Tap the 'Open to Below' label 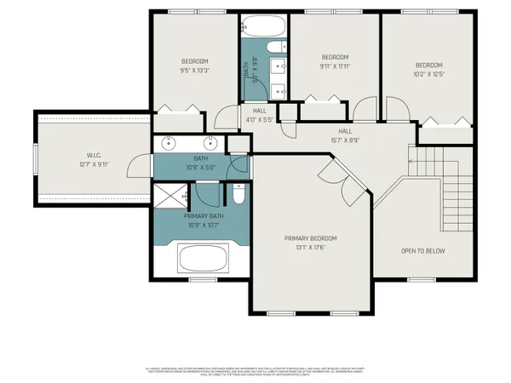coord(424,251)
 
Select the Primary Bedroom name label coord(311,238)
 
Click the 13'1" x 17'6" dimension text coord(311,248)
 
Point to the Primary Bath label coord(202,217)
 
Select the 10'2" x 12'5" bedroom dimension coord(428,75)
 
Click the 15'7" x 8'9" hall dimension coord(345,140)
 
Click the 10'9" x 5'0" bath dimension coord(201,167)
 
